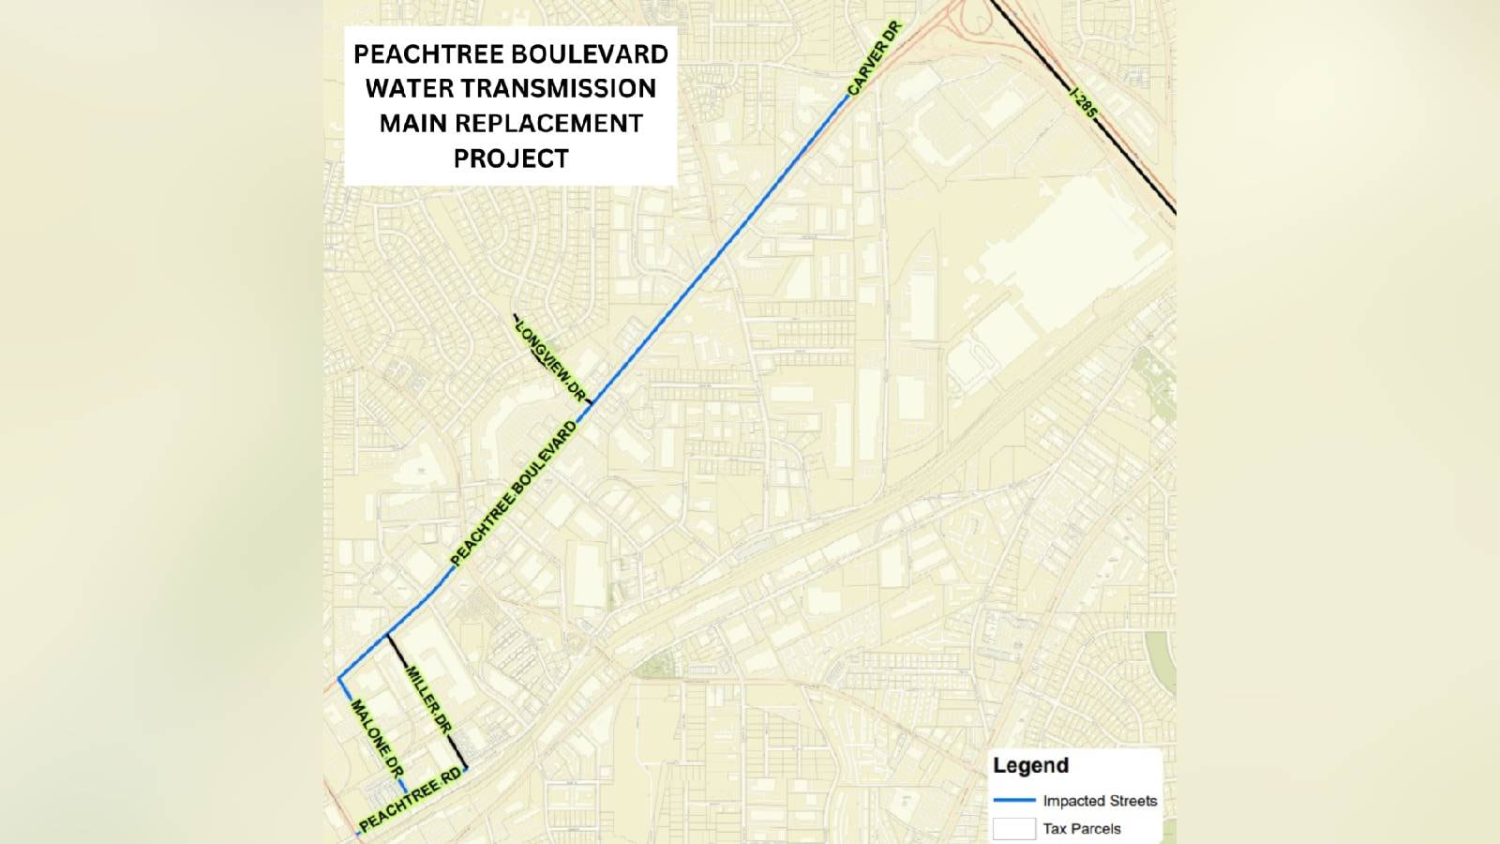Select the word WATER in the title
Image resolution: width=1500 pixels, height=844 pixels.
click(404, 89)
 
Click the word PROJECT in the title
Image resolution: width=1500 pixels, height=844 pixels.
click(511, 158)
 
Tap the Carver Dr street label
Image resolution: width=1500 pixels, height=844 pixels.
click(873, 58)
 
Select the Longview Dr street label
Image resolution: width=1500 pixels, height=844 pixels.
click(550, 360)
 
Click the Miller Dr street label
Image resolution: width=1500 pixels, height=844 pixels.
click(428, 700)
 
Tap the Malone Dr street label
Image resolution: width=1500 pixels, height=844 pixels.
click(377, 739)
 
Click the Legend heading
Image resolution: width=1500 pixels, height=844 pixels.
click(1030, 765)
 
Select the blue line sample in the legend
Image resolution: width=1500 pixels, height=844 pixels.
click(1013, 801)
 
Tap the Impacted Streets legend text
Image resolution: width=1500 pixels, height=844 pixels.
click(1100, 801)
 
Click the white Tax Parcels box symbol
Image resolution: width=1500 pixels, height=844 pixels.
click(1013, 829)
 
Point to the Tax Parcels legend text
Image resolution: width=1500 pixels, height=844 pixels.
click(1082, 829)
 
